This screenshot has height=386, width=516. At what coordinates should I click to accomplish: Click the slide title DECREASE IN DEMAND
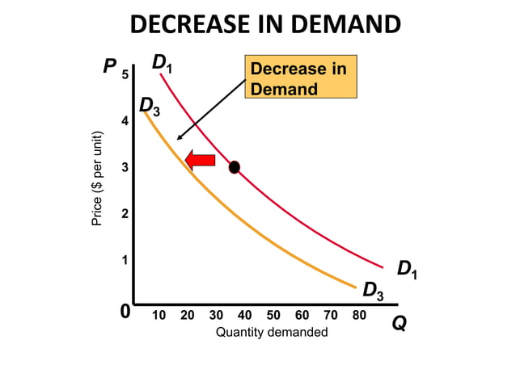(x=264, y=24)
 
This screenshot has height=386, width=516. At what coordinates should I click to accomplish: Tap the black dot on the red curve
(x=235, y=167)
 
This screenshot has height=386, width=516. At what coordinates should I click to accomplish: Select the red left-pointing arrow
(x=200, y=160)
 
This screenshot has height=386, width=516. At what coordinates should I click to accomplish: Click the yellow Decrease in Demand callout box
(x=300, y=78)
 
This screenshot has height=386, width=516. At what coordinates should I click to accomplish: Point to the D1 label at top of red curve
(x=164, y=62)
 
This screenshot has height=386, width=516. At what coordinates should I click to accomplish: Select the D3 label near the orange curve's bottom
(x=373, y=290)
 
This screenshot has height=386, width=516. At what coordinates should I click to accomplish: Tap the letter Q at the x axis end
(x=399, y=323)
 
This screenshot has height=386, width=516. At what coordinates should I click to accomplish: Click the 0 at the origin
(x=125, y=312)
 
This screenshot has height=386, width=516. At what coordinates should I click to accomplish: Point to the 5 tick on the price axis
(x=125, y=75)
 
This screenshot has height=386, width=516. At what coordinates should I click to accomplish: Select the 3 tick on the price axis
(x=125, y=167)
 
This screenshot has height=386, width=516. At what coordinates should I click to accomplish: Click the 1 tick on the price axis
(x=125, y=260)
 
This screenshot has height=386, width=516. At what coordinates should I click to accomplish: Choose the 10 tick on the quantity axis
(x=159, y=315)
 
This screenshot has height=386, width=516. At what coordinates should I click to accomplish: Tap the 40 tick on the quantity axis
(x=244, y=315)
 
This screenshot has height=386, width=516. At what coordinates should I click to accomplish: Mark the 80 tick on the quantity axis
(x=358, y=315)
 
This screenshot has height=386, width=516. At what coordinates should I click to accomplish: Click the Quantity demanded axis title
(x=272, y=333)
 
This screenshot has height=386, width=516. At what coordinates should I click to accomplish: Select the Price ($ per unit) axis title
(x=97, y=178)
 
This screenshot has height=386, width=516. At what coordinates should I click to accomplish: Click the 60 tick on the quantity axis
(x=302, y=315)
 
